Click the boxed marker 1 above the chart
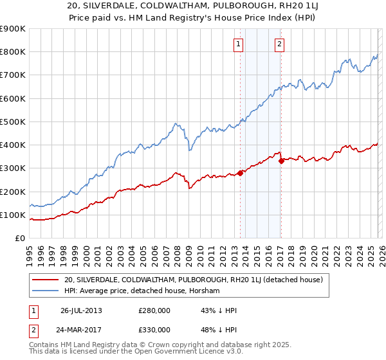[238, 44]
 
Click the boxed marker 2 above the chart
[280, 44]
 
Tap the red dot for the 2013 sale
[241, 172]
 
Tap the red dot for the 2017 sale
[282, 161]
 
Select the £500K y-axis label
[13, 122]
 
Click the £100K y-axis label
[13, 215]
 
